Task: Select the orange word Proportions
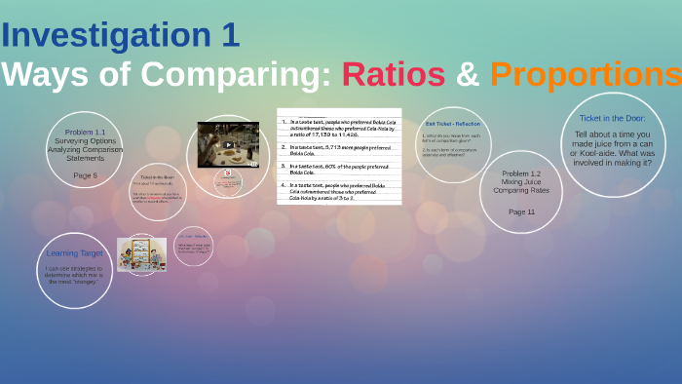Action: point(585,73)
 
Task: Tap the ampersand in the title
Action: point(468,73)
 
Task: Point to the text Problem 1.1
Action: point(86,132)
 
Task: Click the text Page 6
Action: point(86,174)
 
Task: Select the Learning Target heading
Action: point(75,253)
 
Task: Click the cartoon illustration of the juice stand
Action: point(141,254)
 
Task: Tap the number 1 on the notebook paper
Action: point(284,123)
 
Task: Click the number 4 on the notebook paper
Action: point(284,183)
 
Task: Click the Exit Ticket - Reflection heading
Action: point(453,124)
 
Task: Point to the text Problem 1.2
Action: point(521,173)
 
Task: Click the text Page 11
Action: point(521,211)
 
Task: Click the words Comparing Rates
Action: point(521,190)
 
